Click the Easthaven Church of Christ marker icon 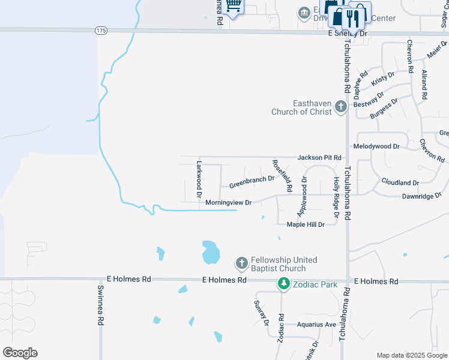click(x=341, y=107)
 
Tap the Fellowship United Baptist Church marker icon click(x=241, y=263)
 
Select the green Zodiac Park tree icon click(x=283, y=284)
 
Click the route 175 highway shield click(x=100, y=29)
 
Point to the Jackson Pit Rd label click(x=319, y=157)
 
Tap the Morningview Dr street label click(x=228, y=203)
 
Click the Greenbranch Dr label click(x=252, y=179)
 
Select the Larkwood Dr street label click(x=199, y=178)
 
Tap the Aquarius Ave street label click(x=316, y=325)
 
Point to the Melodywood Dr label click(x=376, y=146)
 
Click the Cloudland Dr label click(x=400, y=182)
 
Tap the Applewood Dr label click(x=302, y=196)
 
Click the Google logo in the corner click(x=20, y=353)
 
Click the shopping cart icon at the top click(x=234, y=5)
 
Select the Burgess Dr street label click(x=384, y=109)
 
